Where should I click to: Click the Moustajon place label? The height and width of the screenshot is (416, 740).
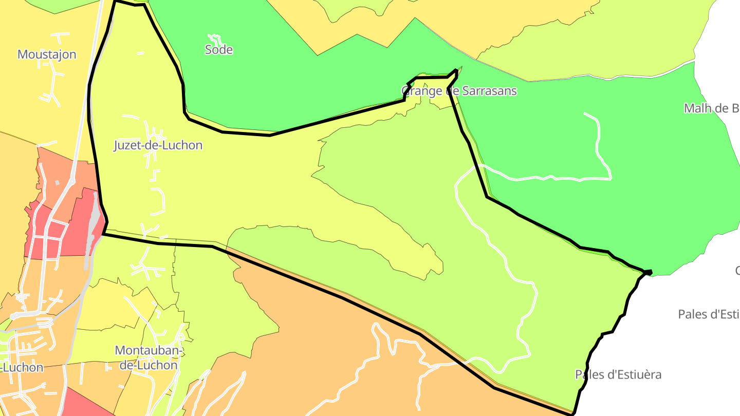pyautogui.click(x=47, y=54)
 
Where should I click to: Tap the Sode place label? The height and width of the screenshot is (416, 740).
pyautogui.click(x=219, y=50)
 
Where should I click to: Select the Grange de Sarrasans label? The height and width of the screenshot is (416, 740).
pyautogui.click(x=459, y=91)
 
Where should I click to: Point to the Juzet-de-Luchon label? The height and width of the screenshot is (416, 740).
pyautogui.click(x=158, y=145)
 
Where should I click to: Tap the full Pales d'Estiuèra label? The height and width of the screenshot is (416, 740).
pyautogui.click(x=618, y=374)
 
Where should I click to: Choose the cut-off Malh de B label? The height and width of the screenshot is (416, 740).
pyautogui.click(x=711, y=108)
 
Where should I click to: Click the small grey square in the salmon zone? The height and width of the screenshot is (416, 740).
pyautogui.click(x=57, y=182)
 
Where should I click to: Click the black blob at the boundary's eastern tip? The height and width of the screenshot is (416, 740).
pyautogui.click(x=649, y=272)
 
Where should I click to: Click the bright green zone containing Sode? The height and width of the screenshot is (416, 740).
pyautogui.click(x=288, y=87)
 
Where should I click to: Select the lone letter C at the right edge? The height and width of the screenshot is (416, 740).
pyautogui.click(x=737, y=271)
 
